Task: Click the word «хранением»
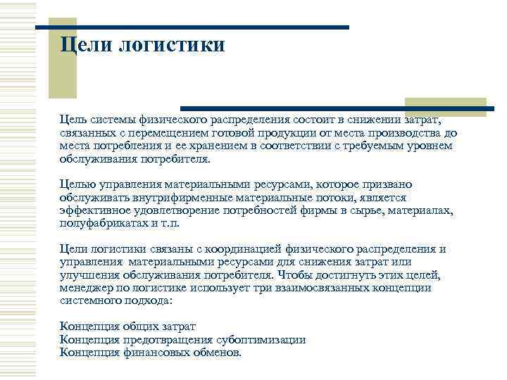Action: pyautogui.click(x=211, y=146)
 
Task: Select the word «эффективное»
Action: pyautogui.click(x=93, y=211)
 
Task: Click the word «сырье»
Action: pyautogui.click(x=368, y=211)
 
